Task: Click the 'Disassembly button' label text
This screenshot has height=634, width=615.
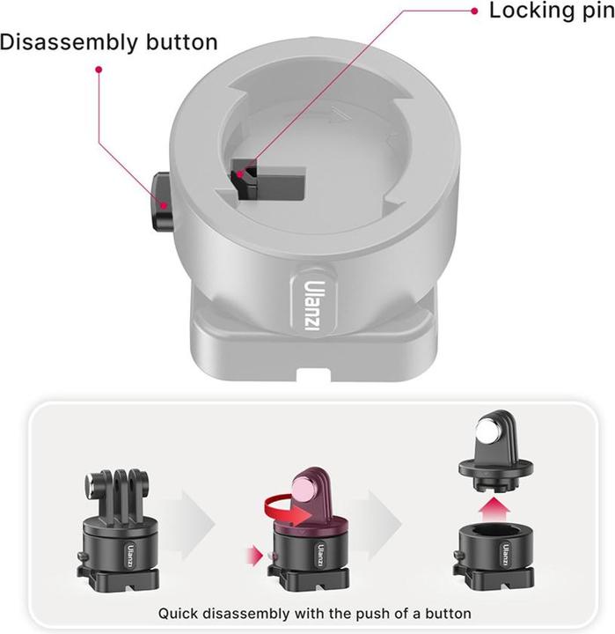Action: pyautogui.click(x=108, y=41)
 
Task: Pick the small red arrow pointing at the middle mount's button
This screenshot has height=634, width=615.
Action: pyautogui.click(x=256, y=554)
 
